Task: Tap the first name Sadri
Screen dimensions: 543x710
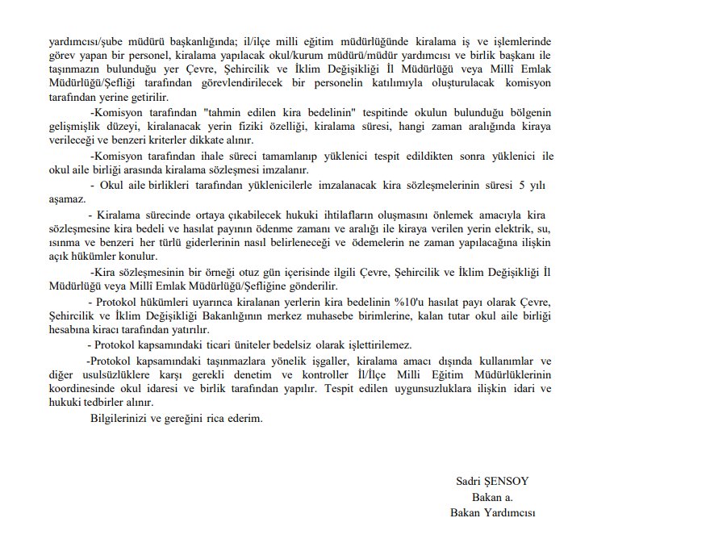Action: click(x=469, y=482)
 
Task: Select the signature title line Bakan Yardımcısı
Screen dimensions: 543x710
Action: click(x=492, y=512)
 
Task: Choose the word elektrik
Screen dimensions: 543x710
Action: click(x=509, y=229)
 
